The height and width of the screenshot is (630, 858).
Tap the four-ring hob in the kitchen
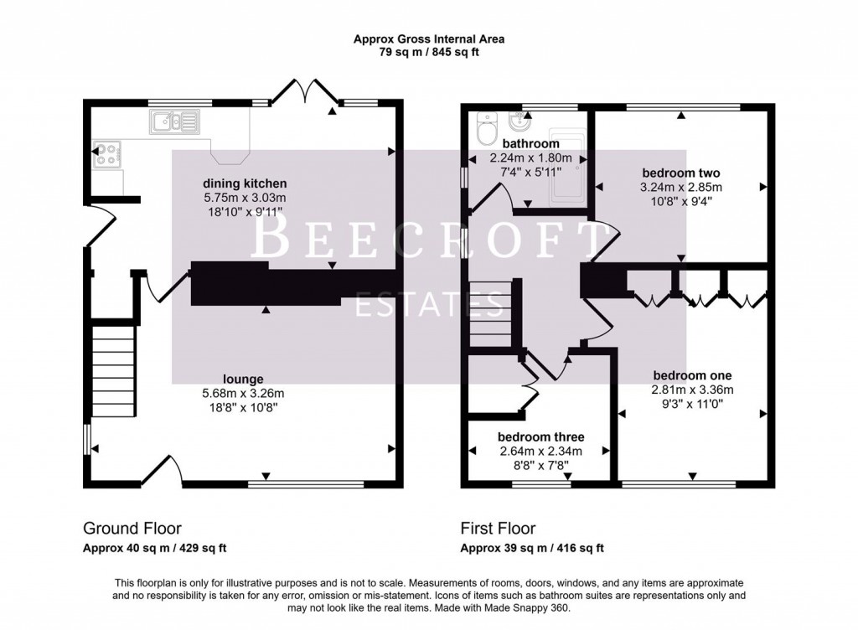coord(108,152)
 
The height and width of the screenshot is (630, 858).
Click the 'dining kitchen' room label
coord(245,183)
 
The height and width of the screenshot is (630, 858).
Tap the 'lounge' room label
coord(243,379)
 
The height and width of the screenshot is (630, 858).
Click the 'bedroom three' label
coord(540,437)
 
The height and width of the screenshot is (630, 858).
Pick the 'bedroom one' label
coord(692,375)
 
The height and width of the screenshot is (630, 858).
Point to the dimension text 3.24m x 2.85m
coord(680,188)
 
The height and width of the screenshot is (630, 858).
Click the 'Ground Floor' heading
coord(132,529)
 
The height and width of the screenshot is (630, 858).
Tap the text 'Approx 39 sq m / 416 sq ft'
coord(531,549)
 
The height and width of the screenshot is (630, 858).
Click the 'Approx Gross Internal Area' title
coord(428,38)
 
